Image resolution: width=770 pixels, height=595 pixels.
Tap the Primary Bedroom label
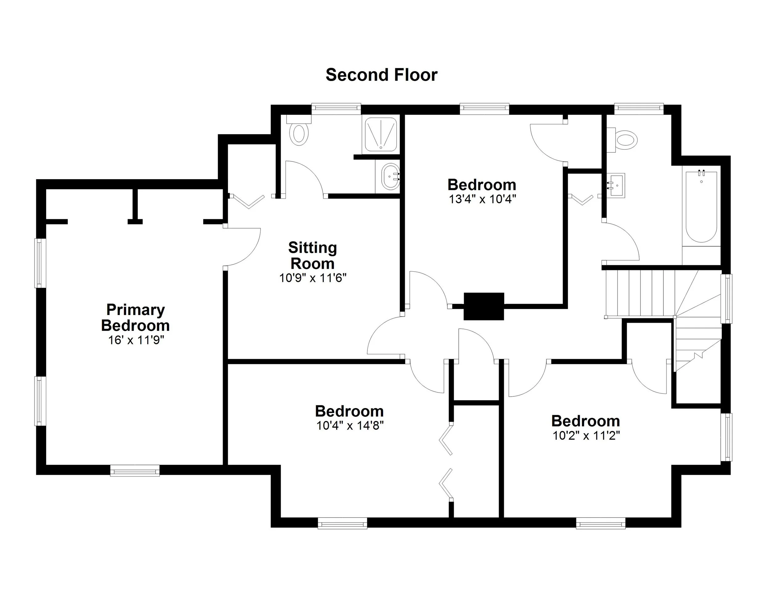(136, 317)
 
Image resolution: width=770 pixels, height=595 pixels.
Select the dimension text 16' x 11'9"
(136, 340)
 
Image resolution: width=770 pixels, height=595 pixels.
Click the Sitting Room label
(312, 255)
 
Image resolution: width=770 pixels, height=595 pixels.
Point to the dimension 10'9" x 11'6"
(313, 278)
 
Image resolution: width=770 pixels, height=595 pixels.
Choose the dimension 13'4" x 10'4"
(482, 200)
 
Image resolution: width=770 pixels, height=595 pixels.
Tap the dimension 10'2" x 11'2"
(586, 436)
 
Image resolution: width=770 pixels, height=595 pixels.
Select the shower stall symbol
(380, 134)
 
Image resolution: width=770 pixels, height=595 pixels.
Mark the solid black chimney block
(483, 306)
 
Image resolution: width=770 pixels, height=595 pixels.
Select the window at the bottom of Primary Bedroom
(135, 471)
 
